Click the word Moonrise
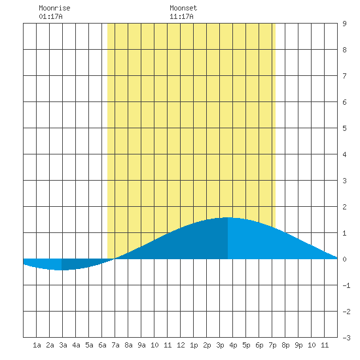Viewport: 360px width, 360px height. click(x=54, y=8)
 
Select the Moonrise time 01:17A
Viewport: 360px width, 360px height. click(x=50, y=16)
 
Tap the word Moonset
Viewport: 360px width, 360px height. click(x=183, y=8)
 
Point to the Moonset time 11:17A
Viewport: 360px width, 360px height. click(x=181, y=16)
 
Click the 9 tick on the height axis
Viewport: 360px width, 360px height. click(x=344, y=24)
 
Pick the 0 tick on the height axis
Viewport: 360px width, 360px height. click(x=344, y=259)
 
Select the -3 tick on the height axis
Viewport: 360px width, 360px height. click(x=346, y=338)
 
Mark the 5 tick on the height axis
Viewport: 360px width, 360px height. click(x=344, y=128)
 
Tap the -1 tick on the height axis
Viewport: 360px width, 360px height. click(x=346, y=285)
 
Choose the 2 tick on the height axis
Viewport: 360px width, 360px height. click(x=344, y=207)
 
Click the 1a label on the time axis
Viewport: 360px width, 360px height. click(x=37, y=345)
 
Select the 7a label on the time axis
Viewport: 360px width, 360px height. click(x=115, y=345)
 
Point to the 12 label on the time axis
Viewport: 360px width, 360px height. click(x=181, y=345)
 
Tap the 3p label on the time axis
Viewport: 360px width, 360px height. click(x=220, y=345)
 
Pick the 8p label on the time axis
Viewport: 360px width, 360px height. click(x=285, y=345)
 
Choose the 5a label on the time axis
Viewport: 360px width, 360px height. click(x=89, y=345)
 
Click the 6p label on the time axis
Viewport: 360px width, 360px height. click(x=259, y=345)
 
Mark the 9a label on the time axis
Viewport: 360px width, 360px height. click(x=141, y=345)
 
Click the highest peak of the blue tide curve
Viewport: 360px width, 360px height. click(x=228, y=217)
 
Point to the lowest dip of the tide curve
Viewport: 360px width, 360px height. click(x=62, y=270)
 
